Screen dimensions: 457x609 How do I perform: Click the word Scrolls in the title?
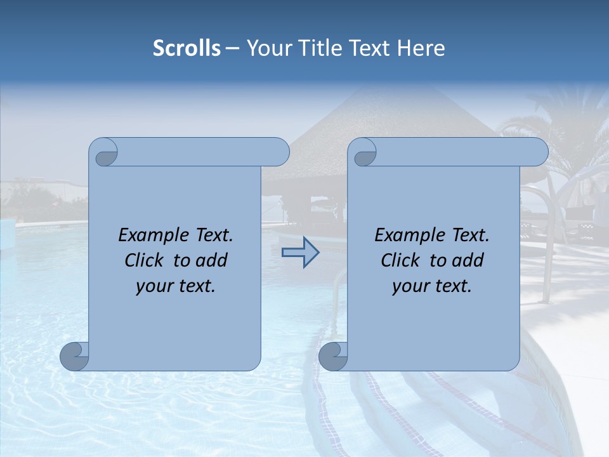point(187,48)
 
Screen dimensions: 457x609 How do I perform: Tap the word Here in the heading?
point(421,48)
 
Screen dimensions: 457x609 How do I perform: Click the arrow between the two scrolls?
point(300,253)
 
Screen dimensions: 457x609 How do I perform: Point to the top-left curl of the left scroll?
point(105,153)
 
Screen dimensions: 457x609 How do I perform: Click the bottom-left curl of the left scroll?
point(75,356)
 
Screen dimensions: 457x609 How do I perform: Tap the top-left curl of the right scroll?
point(364,153)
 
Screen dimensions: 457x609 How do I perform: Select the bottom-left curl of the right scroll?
point(333,356)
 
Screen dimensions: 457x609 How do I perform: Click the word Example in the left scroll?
point(154,235)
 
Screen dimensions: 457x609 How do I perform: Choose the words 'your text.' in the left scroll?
point(176,286)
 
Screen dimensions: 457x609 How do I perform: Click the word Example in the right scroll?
point(410,235)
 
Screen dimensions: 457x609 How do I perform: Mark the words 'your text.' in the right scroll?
point(432,286)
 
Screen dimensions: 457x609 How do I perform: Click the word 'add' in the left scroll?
point(211,261)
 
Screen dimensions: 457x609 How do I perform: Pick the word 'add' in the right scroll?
point(468,261)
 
